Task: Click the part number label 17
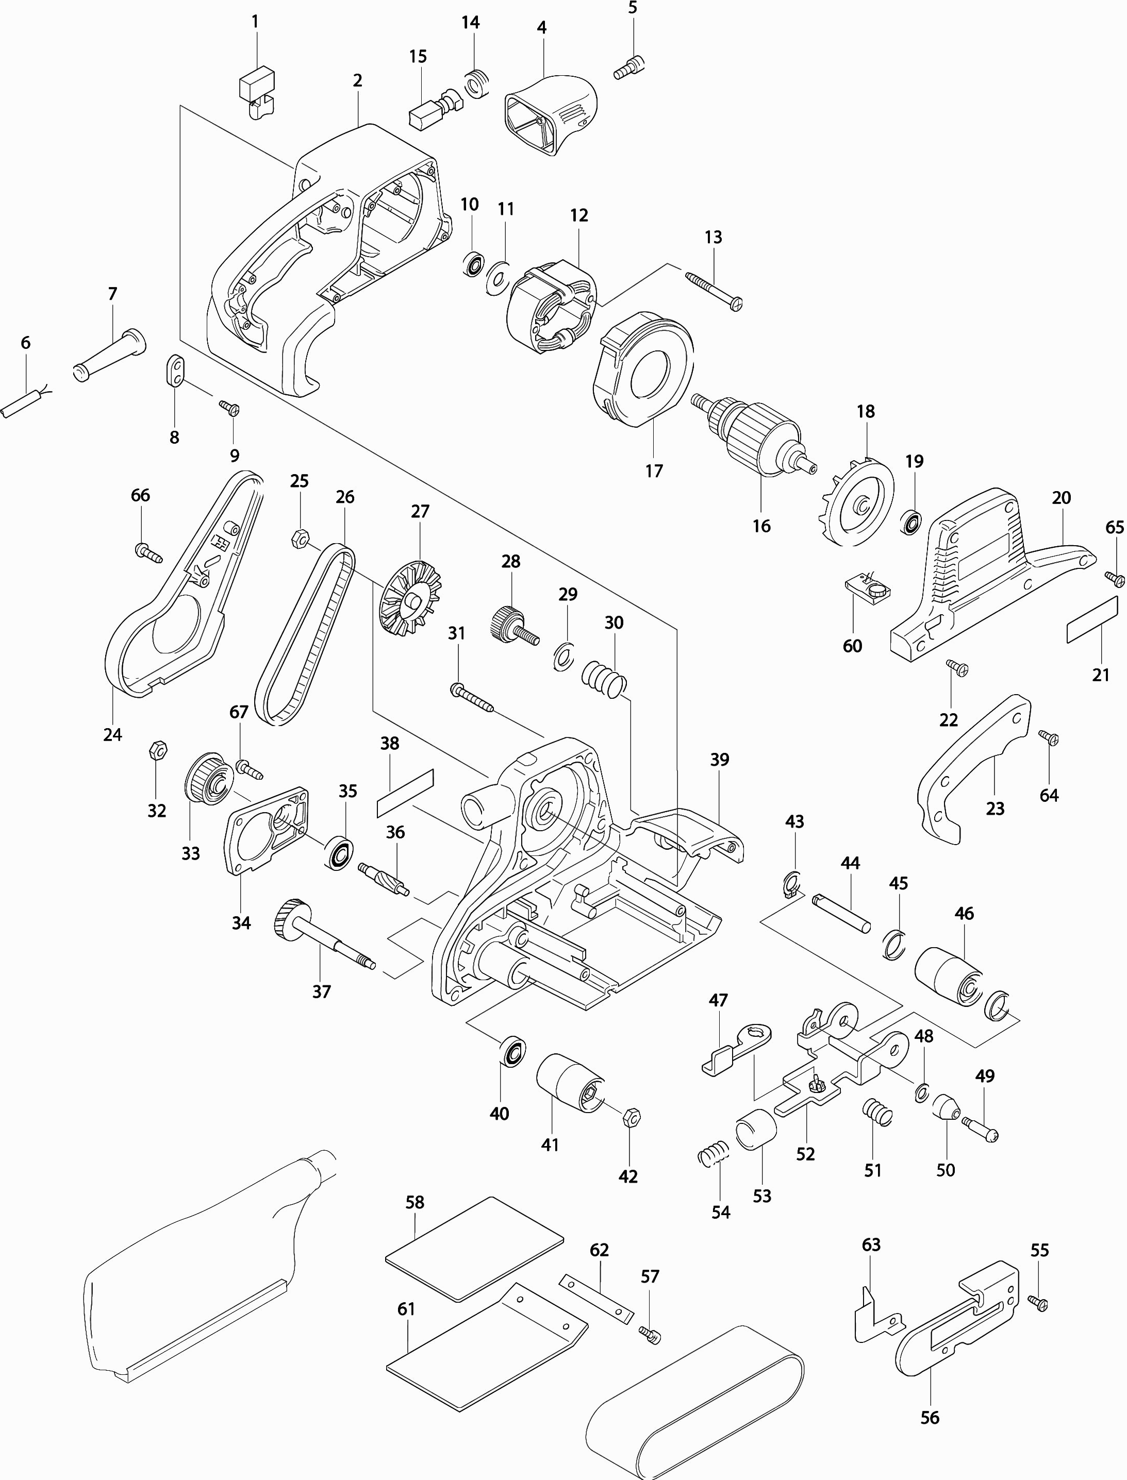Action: pos(654,471)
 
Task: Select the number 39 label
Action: pos(719,759)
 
